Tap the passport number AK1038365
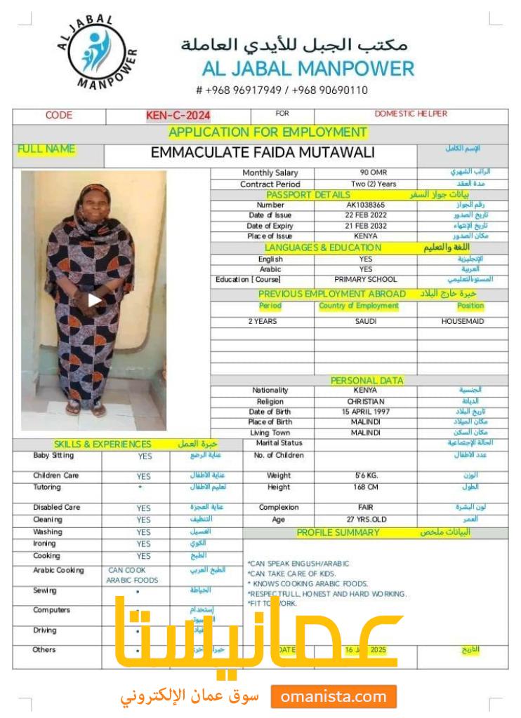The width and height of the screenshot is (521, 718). point(365,205)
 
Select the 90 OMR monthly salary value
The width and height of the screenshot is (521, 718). point(365,172)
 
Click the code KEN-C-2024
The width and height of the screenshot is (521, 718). point(178,116)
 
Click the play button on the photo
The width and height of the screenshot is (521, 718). point(95,300)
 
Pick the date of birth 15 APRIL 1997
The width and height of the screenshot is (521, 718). point(365,412)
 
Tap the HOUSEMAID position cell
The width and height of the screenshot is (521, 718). point(463,321)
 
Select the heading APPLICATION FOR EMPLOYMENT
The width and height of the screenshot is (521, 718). point(268,132)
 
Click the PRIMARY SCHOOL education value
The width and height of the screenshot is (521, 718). point(365,279)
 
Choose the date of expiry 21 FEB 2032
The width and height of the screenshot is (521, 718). point(365,226)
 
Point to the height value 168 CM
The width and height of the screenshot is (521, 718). point(365,487)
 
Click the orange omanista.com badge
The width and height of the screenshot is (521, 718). point(334,697)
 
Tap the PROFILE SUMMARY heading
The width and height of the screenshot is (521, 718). point(338,532)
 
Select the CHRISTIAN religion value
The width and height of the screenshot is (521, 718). point(365,401)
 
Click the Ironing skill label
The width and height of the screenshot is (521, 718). point(45,543)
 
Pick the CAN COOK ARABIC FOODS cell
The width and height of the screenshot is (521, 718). point(133,575)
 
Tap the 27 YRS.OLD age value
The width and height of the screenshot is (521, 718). point(365,520)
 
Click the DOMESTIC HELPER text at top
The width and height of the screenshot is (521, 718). point(411,114)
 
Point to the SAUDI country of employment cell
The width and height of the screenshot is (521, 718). point(365,321)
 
